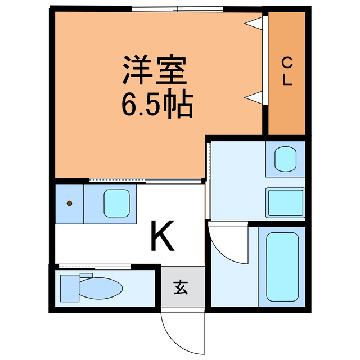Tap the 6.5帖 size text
click(157, 104)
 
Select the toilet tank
click(70, 288)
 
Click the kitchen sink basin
click(117, 203)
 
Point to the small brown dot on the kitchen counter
click(69, 203)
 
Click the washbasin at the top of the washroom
click(284, 159)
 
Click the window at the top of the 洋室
click(177, 8)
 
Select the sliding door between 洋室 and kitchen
click(145, 181)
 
